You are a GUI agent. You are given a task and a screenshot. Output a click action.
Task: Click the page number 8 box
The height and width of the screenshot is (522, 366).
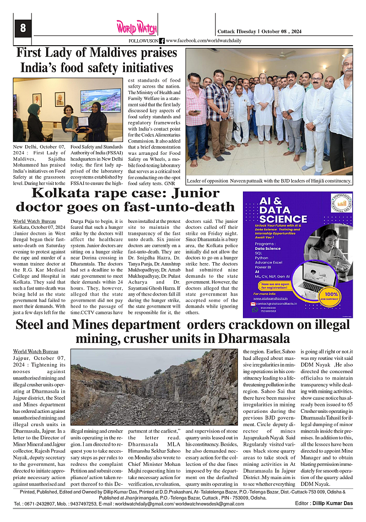coord(22,28)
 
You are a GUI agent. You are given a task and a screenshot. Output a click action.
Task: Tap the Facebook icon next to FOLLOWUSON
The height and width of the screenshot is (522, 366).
coord(161,41)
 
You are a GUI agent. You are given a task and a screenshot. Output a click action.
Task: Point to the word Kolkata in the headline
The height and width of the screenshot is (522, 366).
coord(61,193)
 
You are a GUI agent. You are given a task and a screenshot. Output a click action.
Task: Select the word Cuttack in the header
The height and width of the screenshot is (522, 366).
coord(226,32)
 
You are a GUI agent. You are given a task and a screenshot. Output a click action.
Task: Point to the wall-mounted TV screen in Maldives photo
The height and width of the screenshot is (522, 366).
coord(100,100)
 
